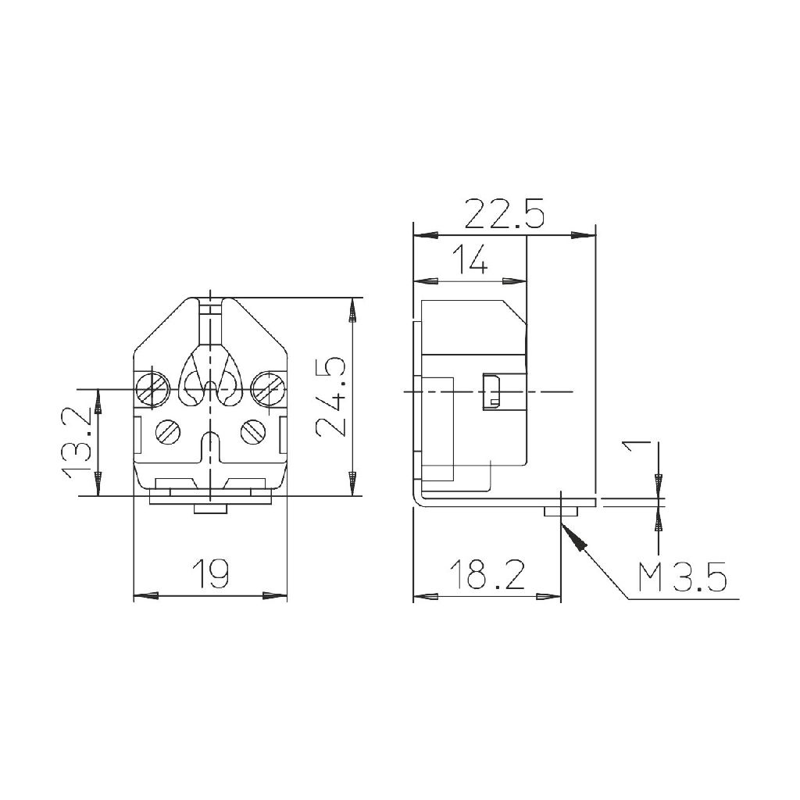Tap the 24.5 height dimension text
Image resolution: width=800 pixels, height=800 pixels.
point(330,396)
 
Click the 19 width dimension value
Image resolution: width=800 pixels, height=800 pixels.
point(211,573)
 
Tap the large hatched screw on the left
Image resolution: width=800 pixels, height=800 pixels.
point(152,391)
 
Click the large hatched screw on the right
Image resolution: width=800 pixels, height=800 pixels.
point(269,391)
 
